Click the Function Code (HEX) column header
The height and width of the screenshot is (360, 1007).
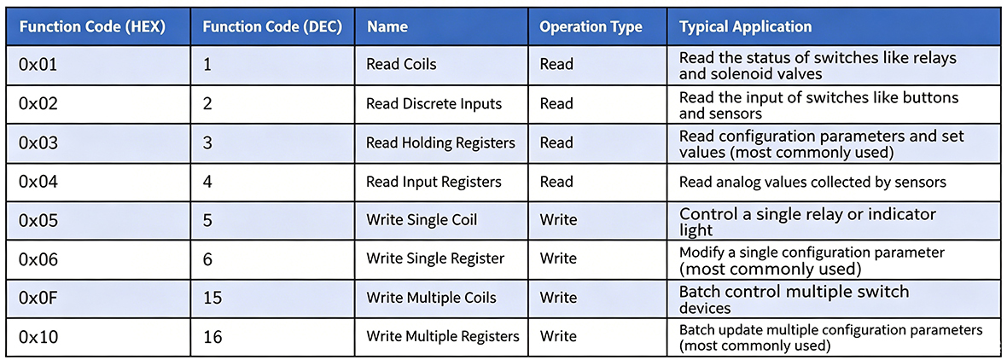(93, 27)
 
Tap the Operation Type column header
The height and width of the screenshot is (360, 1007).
(591, 27)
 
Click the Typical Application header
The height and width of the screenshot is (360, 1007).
(746, 27)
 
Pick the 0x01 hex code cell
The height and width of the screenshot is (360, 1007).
(38, 65)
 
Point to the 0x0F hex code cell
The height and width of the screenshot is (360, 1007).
(38, 298)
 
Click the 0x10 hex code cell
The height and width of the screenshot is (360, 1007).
(38, 336)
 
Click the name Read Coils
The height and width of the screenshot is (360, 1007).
(401, 64)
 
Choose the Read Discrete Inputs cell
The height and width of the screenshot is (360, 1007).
(434, 103)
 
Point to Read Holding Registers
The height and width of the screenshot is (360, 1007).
(440, 143)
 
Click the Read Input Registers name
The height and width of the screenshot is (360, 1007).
(434, 183)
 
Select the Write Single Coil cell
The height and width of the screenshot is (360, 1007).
(422, 220)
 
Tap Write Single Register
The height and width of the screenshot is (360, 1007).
(435, 258)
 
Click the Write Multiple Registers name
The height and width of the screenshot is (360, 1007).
(443, 336)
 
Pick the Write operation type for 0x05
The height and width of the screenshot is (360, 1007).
(558, 220)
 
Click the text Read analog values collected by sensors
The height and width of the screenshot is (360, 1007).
(812, 183)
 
